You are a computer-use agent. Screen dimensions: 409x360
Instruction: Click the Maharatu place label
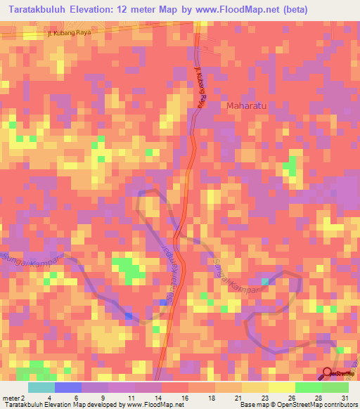[248, 106]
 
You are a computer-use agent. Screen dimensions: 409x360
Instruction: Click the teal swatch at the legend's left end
[41, 387]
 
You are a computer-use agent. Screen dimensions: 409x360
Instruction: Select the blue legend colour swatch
[68, 387]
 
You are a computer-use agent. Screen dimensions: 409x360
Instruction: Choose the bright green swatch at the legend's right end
[335, 387]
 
